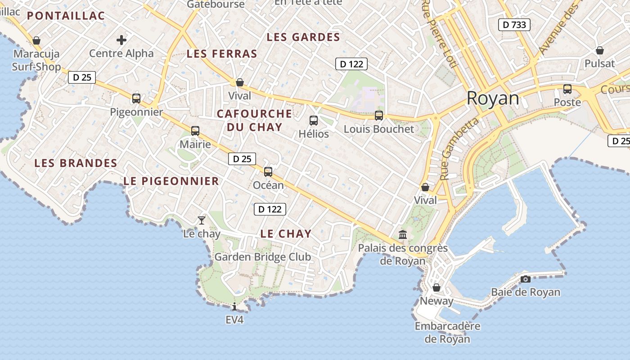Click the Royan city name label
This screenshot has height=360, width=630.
pyautogui.click(x=493, y=98)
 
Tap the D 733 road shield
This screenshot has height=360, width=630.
pyautogui.click(x=514, y=25)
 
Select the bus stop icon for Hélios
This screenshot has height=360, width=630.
pyautogui.click(x=314, y=121)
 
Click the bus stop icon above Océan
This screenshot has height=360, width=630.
pyautogui.click(x=268, y=171)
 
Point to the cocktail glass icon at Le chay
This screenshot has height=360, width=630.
pyautogui.click(x=202, y=220)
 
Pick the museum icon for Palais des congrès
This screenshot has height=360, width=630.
pyautogui.click(x=403, y=234)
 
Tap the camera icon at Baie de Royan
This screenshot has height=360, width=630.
pyautogui.click(x=525, y=279)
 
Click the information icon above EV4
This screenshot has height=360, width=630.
pyautogui.click(x=234, y=307)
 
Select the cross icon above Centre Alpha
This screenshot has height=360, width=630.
pyautogui.click(x=121, y=40)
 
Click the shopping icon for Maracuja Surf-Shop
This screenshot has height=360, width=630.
pyautogui.click(x=36, y=40)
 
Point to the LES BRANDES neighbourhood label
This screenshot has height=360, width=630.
pyautogui.click(x=76, y=163)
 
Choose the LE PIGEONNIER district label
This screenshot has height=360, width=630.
pyautogui.click(x=171, y=181)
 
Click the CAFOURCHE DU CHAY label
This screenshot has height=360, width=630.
pyautogui.click(x=255, y=120)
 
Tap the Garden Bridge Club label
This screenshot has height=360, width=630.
pyautogui.click(x=262, y=257)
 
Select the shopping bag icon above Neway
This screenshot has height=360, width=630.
pyautogui.click(x=436, y=288)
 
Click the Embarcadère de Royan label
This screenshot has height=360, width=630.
pyautogui.click(x=448, y=333)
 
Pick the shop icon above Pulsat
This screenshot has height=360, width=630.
pyautogui.click(x=599, y=50)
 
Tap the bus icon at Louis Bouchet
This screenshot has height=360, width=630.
pyautogui.click(x=379, y=116)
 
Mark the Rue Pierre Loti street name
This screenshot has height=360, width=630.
pyautogui.click(x=439, y=34)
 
